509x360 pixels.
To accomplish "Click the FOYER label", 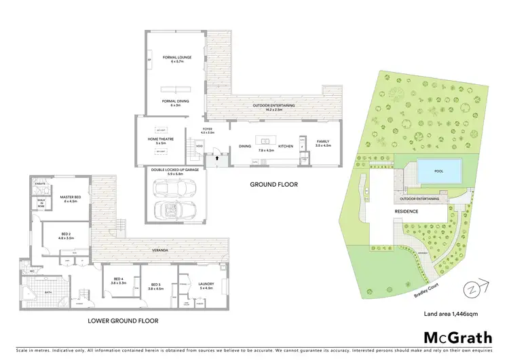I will [208, 129].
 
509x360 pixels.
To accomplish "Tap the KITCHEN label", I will [285, 146].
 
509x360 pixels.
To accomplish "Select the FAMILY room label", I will [323, 141].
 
